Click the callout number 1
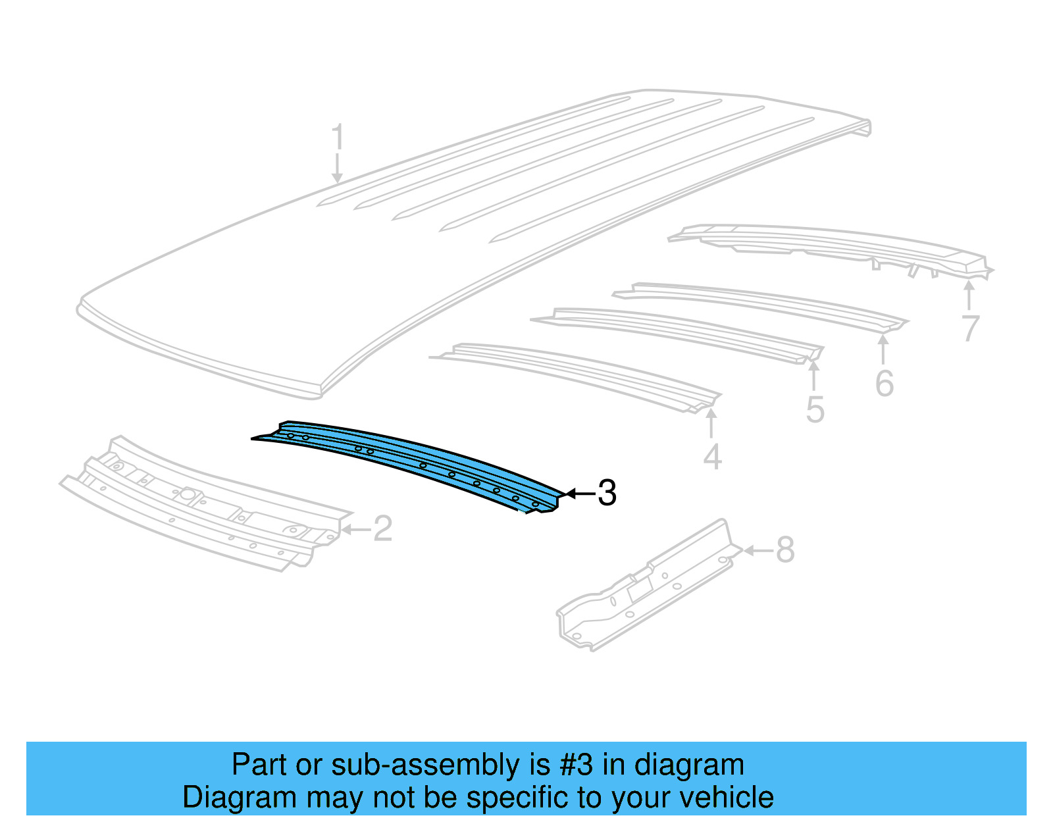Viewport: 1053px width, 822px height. pos(337,138)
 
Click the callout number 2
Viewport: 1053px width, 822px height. pos(382,528)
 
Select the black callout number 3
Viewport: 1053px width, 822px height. pos(607,493)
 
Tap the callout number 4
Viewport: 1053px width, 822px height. pos(712,457)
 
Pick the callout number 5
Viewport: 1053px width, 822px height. pos(815,410)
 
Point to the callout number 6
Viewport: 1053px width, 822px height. pos(885,383)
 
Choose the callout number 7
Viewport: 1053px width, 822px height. pos(970,328)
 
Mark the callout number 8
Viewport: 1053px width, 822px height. pos(785,550)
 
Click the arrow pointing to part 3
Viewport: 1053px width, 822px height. pos(579,493)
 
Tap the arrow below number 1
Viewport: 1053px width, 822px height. pos(337,168)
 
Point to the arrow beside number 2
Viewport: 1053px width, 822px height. pos(355,529)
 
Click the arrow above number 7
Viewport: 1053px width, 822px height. pos(969,295)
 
